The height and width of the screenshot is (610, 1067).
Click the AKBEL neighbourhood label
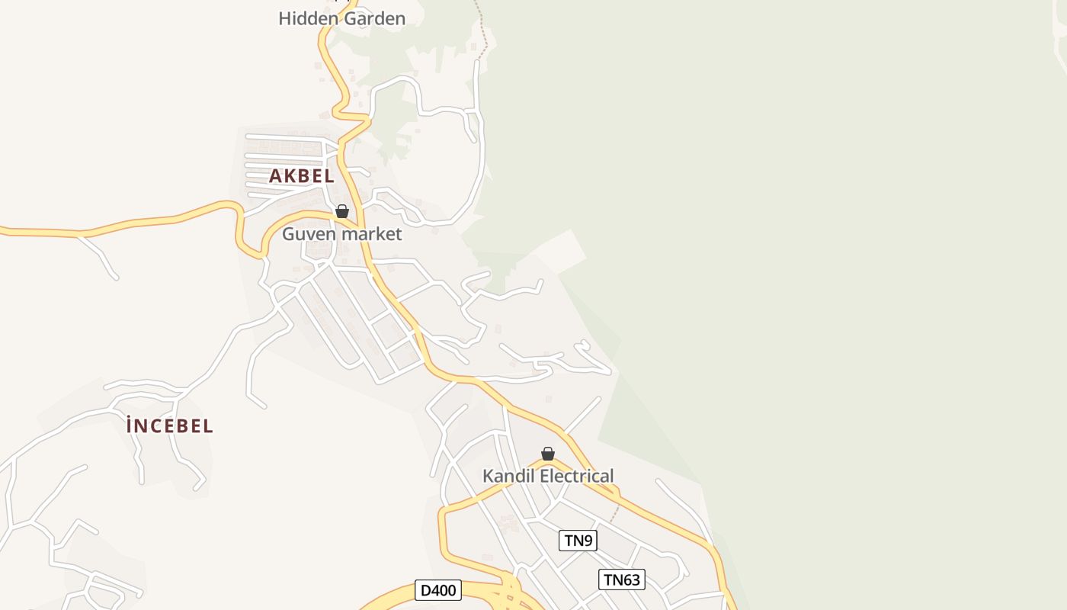[x=302, y=176]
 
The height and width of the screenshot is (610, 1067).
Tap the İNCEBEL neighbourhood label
[x=170, y=426]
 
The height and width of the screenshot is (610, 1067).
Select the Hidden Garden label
[x=341, y=18]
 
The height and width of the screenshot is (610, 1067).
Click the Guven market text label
[x=341, y=233]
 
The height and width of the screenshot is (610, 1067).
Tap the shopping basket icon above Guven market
[x=342, y=211]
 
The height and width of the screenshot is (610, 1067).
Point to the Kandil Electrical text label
[x=548, y=476]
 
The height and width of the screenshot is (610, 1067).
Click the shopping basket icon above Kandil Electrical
[x=548, y=454]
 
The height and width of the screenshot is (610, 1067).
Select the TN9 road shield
[x=578, y=541]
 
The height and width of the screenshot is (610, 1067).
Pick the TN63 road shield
[x=622, y=579]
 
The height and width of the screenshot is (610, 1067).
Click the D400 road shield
[x=438, y=590]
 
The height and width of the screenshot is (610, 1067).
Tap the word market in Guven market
[x=371, y=233]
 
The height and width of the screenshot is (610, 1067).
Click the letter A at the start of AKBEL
[x=276, y=176]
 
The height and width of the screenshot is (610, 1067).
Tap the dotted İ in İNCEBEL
[x=130, y=425]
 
